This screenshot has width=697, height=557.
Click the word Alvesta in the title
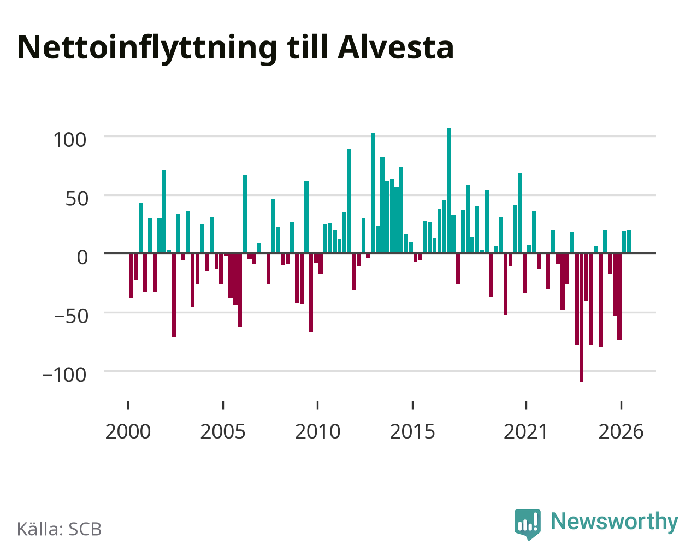coord(395,48)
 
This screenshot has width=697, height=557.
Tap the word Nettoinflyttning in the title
coord(147,49)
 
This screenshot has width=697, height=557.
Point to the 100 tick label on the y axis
coord(69,140)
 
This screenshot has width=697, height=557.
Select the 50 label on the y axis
coord(77,199)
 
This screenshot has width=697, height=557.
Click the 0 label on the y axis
coord(82,257)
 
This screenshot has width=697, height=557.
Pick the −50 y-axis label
coord(71,316)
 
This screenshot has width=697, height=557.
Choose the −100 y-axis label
coord(64,375)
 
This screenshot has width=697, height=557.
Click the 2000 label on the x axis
coord(128,431)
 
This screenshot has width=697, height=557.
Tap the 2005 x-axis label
coord(223,431)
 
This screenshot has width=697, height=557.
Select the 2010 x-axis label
coord(317,431)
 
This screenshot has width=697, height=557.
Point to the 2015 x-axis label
coord(412,431)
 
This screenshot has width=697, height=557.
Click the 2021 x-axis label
coord(525,431)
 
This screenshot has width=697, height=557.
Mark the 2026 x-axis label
coord(621,431)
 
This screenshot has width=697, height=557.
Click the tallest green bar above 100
coord(448,190)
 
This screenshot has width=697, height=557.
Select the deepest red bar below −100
coord(581,318)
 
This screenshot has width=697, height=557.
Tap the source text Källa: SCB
coord(60,529)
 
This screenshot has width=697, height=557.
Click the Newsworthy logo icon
coord(527,524)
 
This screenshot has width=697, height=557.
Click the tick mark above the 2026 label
coord(621,405)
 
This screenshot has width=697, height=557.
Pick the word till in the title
coord(308,48)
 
